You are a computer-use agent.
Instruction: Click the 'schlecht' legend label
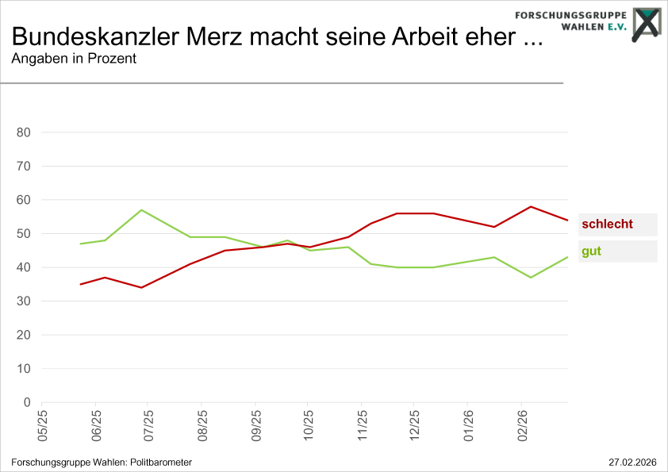coord(607,224)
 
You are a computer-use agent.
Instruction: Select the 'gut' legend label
coord(590,251)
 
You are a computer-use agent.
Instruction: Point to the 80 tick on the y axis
coord(23,132)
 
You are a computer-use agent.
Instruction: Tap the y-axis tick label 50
coord(23,234)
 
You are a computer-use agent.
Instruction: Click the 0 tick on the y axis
coord(26,403)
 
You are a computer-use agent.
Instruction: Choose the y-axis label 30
coord(23,301)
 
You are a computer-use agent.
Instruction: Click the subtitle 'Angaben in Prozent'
coord(74,59)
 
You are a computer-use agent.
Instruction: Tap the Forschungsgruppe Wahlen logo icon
coord(646,23)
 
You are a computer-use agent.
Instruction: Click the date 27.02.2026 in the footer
coord(632,462)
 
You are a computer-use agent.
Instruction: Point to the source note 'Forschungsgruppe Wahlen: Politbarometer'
coord(102,462)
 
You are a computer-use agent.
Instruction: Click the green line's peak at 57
coord(141,210)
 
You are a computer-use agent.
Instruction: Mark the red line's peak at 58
coord(530,206)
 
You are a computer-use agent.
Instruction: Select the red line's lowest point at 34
coord(141,287)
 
